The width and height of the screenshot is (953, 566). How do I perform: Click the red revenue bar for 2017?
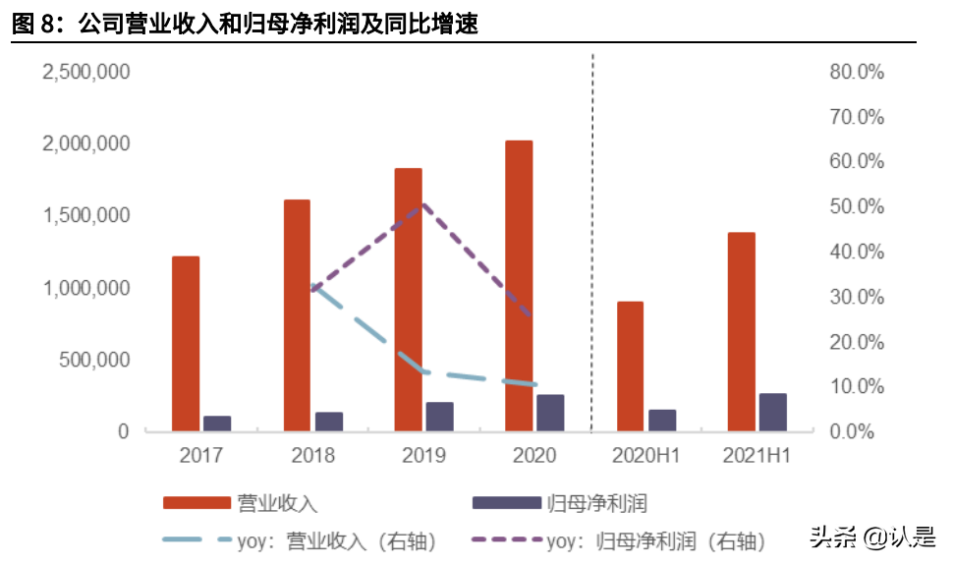coord(186,343)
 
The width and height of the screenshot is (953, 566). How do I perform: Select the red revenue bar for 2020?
coord(519,285)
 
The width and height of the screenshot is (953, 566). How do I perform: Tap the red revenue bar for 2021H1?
coord(742,331)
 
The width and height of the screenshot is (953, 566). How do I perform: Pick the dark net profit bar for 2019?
coord(439,417)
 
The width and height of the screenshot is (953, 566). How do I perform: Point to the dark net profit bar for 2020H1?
coord(662,421)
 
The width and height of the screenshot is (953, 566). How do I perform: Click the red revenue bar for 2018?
coord(297,314)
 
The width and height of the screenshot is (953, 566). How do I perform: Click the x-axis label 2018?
coord(312,455)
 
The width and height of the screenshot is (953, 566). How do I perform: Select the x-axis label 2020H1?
coord(645,455)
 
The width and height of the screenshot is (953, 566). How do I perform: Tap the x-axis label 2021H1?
coord(757,455)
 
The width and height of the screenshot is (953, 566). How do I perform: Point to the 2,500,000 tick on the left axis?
coord(85,72)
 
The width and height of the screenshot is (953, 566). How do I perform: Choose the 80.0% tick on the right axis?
coord(857,72)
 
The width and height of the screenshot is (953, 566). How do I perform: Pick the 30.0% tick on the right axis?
coord(857,297)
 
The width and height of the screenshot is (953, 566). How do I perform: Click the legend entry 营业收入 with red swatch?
coord(240,503)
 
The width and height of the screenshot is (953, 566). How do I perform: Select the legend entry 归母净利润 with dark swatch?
coord(560,503)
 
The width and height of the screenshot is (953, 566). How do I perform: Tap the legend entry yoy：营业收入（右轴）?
coord(300,539)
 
